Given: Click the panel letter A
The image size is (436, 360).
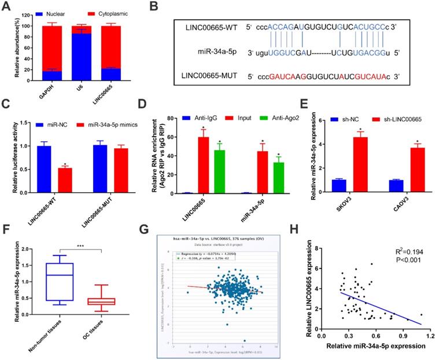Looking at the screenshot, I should [x=7, y=6].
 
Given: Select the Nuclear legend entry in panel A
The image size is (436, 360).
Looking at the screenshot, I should [x=56, y=12].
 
